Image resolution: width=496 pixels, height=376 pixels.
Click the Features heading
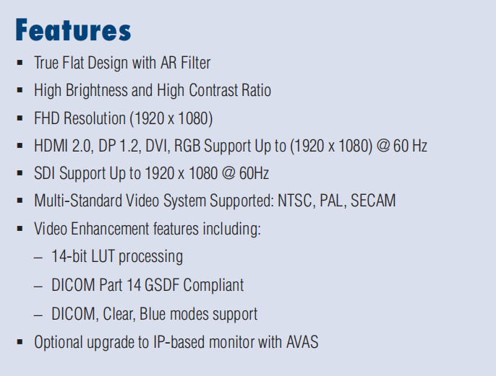(73, 30)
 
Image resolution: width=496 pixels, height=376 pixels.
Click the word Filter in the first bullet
(196, 63)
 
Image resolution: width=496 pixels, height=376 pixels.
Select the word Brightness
(96, 91)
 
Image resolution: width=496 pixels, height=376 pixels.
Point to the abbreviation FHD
(47, 118)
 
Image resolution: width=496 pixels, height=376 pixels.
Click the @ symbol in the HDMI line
(383, 146)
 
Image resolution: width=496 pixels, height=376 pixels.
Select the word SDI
(45, 173)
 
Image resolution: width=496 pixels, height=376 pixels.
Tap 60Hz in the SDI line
(254, 173)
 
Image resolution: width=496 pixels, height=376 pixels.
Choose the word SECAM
(373, 201)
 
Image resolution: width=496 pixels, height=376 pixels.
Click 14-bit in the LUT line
(69, 256)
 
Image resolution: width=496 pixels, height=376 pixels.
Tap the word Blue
(153, 314)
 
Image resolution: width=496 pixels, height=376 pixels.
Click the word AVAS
(302, 342)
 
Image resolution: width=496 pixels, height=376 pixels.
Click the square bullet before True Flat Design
(20, 63)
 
